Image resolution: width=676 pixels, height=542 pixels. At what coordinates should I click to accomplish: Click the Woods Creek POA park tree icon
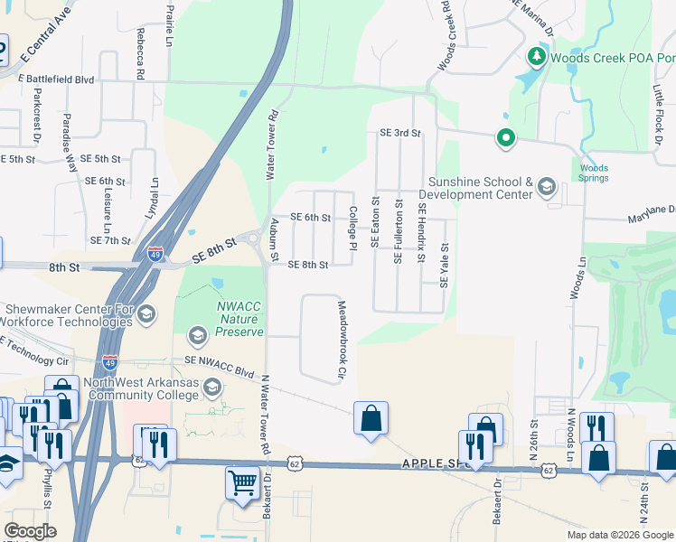click(x=536, y=58)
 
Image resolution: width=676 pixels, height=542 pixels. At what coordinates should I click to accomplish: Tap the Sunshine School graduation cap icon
click(x=546, y=187)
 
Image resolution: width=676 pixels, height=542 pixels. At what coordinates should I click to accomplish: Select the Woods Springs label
click(x=593, y=173)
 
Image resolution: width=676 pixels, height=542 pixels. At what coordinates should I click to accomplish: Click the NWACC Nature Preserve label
click(x=238, y=319)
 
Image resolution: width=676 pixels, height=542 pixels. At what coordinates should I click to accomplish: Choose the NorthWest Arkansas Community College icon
click(x=211, y=388)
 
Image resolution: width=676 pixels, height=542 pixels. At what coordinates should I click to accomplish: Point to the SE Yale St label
click(x=444, y=266)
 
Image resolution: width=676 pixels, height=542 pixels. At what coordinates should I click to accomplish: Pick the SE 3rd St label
click(x=400, y=133)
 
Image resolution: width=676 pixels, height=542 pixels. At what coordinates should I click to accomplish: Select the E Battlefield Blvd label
click(x=56, y=79)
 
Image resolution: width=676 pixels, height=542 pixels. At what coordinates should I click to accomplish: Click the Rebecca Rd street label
click(x=141, y=53)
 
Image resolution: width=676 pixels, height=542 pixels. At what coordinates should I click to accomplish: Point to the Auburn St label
click(x=275, y=236)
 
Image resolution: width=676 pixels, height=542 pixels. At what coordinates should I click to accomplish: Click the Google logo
click(x=30, y=531)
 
